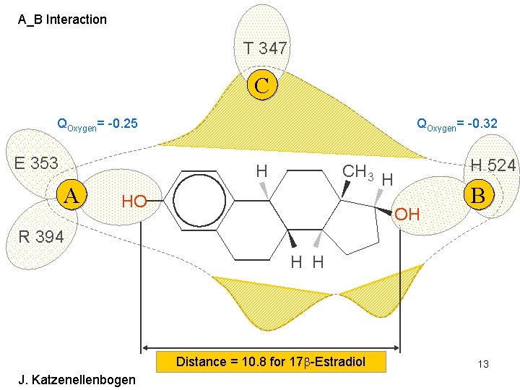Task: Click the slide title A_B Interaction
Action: (62, 19)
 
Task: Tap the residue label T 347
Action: (265, 48)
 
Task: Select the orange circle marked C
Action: (262, 85)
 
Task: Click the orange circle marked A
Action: (71, 195)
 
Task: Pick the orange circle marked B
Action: (477, 195)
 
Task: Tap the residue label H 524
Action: (493, 165)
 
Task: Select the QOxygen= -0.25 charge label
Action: (97, 125)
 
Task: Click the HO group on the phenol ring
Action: (134, 201)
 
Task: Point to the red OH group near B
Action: (407, 214)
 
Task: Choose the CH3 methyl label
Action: (357, 172)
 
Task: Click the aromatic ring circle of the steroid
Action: (196, 201)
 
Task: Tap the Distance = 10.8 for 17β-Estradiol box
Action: (271, 361)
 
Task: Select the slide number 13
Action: (482, 364)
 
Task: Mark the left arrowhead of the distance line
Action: (144, 348)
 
